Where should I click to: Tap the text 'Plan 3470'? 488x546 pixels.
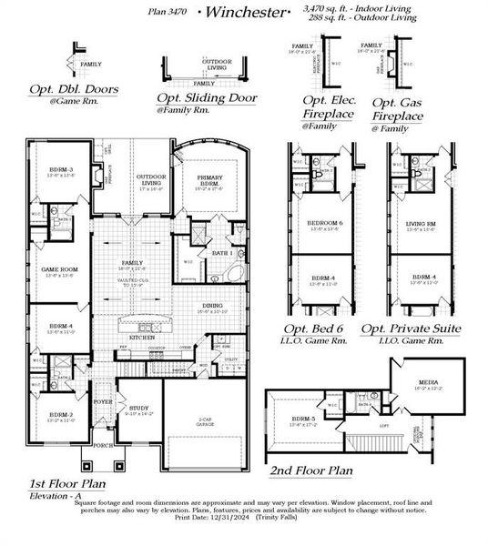167,13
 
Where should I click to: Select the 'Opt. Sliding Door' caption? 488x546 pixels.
207,97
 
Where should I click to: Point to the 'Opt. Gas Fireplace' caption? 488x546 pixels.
397,111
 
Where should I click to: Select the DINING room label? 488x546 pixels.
211,305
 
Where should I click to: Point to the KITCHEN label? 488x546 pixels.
141,336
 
